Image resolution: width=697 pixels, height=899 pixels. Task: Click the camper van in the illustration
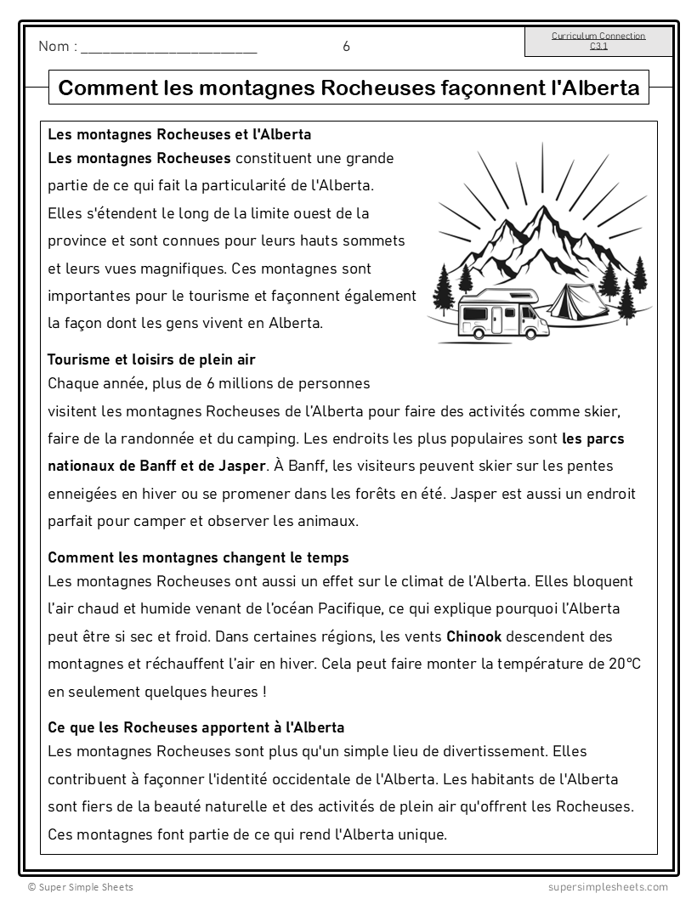[x=502, y=312]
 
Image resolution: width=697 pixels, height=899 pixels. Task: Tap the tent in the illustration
[x=577, y=300]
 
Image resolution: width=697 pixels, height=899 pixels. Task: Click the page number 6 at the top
[x=346, y=47]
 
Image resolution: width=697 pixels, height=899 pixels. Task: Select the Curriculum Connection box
[x=598, y=41]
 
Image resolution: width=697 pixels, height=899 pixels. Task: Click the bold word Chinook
[x=474, y=636]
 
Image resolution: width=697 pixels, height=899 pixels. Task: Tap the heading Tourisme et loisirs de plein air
[x=151, y=359]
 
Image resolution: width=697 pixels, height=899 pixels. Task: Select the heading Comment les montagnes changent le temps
[x=198, y=557]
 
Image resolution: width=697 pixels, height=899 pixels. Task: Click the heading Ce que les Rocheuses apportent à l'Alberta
[x=195, y=727]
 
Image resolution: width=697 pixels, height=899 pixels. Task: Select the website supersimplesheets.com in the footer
[x=608, y=887]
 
